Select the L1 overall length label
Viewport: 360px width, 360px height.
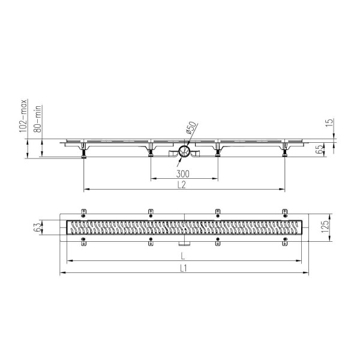pyautogui.click(x=184, y=269)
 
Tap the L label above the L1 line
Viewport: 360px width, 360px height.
pyautogui.click(x=184, y=256)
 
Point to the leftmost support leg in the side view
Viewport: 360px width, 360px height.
pyautogui.click(x=83, y=154)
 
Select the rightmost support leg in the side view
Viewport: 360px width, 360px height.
pyautogui.click(x=284, y=154)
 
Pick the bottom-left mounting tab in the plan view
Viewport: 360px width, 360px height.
pyautogui.click(x=83, y=242)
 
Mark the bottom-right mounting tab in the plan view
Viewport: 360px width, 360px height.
pyautogui.click(x=285, y=242)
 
